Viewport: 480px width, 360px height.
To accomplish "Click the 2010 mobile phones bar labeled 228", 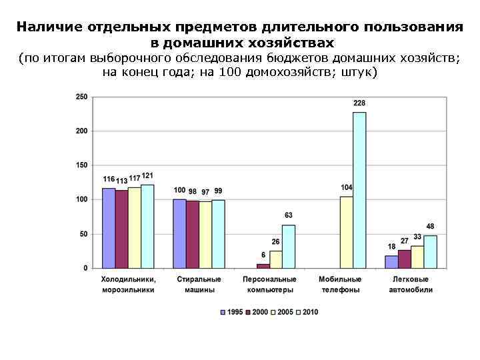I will tap(359, 190).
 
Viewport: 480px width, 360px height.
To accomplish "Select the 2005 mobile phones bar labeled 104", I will tap(346, 232).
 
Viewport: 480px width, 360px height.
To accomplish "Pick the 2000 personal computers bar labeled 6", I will tap(263, 265).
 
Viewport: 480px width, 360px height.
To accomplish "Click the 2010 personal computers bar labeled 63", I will tap(288, 246).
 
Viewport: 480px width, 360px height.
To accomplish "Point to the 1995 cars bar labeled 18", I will tap(391, 261).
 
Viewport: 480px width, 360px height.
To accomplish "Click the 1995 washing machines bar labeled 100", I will tap(180, 233).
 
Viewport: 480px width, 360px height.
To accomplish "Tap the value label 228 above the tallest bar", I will tap(359, 103).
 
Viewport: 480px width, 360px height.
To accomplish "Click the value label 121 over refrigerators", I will tap(147, 176).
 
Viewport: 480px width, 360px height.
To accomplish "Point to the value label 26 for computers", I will tap(275, 241).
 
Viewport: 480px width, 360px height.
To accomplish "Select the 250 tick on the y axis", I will tap(81, 97).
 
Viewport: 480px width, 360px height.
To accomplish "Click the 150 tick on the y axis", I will tap(81, 165).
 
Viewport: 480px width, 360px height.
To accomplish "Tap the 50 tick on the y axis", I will tap(83, 234).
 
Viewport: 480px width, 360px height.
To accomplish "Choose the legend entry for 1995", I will tap(231, 311).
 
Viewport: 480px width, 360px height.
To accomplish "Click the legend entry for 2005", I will tap(282, 311).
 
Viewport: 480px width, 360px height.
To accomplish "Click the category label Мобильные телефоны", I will tap(340, 285).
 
